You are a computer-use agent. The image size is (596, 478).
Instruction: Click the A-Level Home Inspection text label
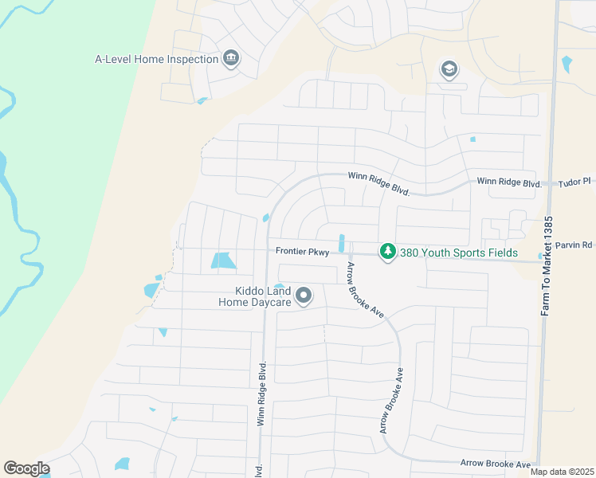[x=156, y=59]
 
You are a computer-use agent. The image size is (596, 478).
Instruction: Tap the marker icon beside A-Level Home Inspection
[x=231, y=59]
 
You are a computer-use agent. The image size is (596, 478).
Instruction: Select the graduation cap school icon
[x=449, y=70]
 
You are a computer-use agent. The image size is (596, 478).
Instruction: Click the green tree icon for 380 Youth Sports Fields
[x=387, y=252]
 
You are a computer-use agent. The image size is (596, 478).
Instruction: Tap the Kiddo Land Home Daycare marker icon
[x=304, y=296]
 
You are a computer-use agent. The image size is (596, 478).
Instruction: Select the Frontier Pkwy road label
[x=302, y=251]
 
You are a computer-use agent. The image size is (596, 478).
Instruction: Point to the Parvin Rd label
[x=574, y=245]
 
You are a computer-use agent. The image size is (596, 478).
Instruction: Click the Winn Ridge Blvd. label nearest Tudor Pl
[x=509, y=182]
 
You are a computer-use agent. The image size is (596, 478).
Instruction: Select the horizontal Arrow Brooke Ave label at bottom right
[x=495, y=464]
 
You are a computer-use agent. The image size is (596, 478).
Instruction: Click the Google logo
[x=26, y=468]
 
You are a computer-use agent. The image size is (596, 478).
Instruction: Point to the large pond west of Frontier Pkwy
[x=223, y=261]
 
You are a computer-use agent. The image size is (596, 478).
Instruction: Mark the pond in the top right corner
[x=567, y=64]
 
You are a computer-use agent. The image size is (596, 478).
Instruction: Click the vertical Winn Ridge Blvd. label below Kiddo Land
[x=261, y=395]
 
